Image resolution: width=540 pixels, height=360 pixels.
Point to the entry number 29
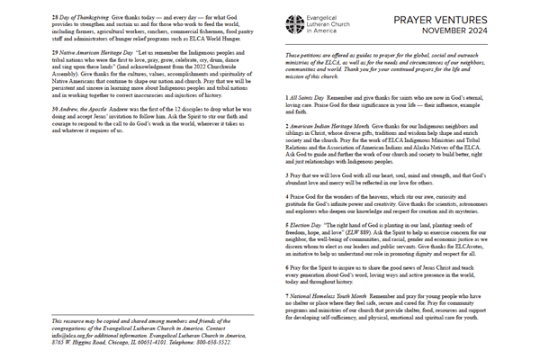(55, 54)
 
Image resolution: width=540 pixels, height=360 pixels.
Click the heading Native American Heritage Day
(98, 54)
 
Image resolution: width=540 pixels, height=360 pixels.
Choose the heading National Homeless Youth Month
(335, 295)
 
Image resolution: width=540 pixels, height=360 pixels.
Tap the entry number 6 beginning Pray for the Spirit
(285, 267)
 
